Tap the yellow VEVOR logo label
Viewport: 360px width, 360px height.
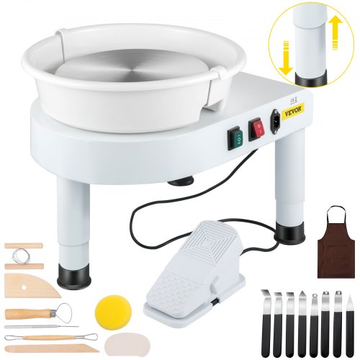tap(293, 110)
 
